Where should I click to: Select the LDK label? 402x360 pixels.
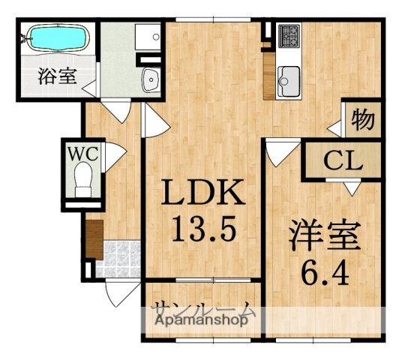[x=200, y=193]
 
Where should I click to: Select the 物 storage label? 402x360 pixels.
[x=362, y=118]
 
